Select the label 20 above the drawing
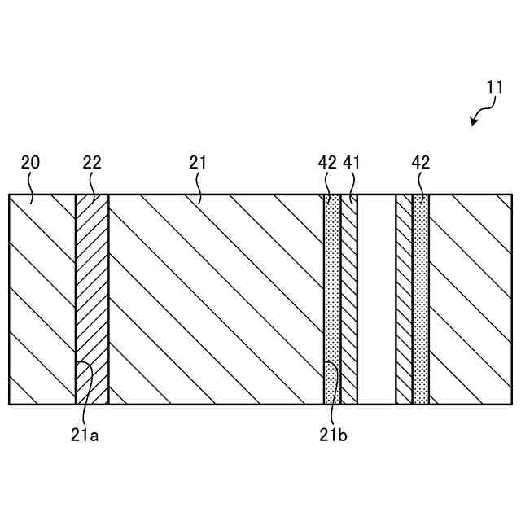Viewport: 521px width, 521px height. (x=30, y=163)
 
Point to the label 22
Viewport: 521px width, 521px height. (x=92, y=163)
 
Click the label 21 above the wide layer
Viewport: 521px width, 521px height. (x=198, y=163)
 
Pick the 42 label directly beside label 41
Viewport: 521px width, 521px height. (x=327, y=163)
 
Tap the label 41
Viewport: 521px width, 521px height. (x=352, y=163)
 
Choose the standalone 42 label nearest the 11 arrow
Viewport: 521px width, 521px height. (x=421, y=163)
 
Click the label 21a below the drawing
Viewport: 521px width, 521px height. (x=84, y=435)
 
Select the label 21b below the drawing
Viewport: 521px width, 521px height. (x=333, y=435)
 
